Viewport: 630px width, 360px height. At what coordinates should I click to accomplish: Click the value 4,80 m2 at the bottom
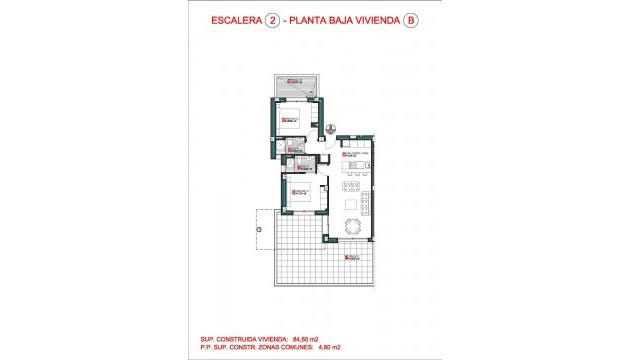pyautogui.click(x=354, y=347)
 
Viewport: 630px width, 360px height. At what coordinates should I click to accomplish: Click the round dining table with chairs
pyautogui.click(x=353, y=226)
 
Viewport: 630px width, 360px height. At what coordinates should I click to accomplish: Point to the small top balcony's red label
pyautogui.click(x=293, y=82)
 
